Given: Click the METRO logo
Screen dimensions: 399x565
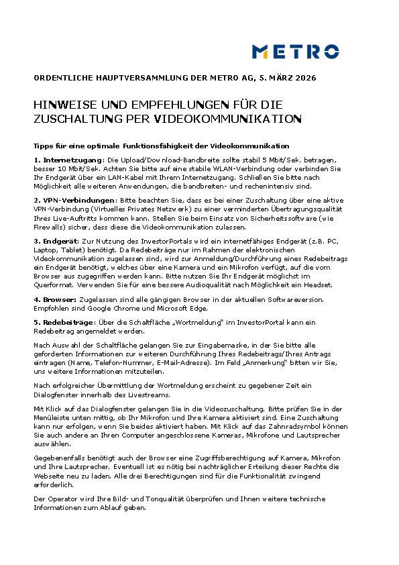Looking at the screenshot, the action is (295, 51).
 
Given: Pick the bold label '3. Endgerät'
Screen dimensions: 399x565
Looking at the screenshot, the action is (57, 240).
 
